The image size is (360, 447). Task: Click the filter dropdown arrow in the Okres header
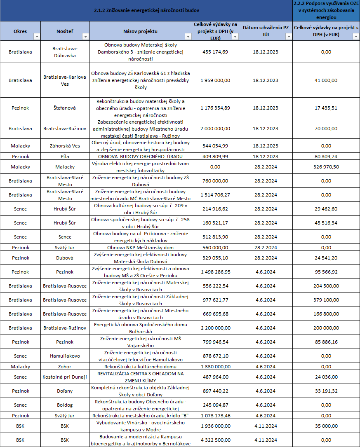coord(37,37)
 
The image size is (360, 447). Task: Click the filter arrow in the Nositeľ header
coord(85,37)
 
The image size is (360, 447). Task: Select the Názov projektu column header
coord(140,31)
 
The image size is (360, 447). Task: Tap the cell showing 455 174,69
coord(214,52)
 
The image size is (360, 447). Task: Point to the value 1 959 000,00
coord(214,80)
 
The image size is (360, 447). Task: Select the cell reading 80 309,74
coord(326,157)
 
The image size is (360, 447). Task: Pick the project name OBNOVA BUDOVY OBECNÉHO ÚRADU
coord(140,157)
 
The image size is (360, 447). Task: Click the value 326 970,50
coord(326,167)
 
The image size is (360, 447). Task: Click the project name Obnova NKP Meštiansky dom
coord(140,248)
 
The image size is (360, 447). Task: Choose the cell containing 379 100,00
coord(326,300)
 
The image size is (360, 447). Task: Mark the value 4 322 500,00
coord(214,440)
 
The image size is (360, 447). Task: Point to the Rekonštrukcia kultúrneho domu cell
coord(140,367)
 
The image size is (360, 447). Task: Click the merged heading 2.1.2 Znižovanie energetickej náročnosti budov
coord(146,11)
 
